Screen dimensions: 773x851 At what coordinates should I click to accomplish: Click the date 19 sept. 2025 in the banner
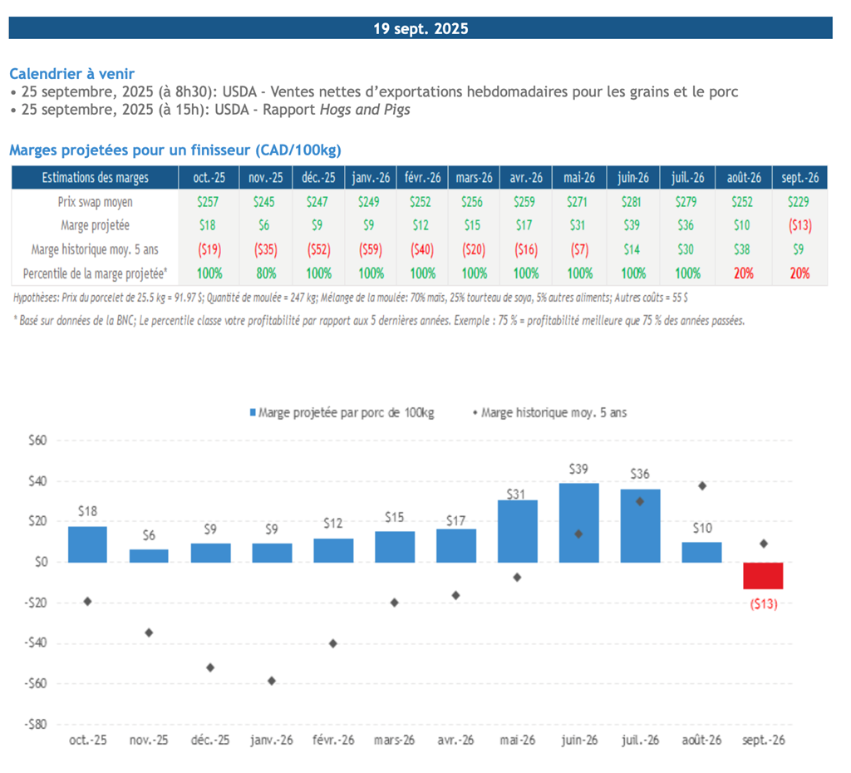pos(421,29)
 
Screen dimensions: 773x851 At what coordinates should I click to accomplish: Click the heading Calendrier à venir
pos(71,74)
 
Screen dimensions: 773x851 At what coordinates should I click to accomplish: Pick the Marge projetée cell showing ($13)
pos(799,225)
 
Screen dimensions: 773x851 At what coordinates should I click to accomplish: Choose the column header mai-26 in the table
pos(580,178)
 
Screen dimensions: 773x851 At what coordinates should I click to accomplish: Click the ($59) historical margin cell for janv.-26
pos(371,249)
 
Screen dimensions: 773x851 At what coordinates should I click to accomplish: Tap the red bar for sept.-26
pos(763,575)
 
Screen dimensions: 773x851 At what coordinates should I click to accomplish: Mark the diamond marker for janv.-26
pos(272,681)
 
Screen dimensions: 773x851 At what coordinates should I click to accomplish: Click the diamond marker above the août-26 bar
pos(702,485)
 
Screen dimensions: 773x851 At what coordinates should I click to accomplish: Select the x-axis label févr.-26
pos(332,741)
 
